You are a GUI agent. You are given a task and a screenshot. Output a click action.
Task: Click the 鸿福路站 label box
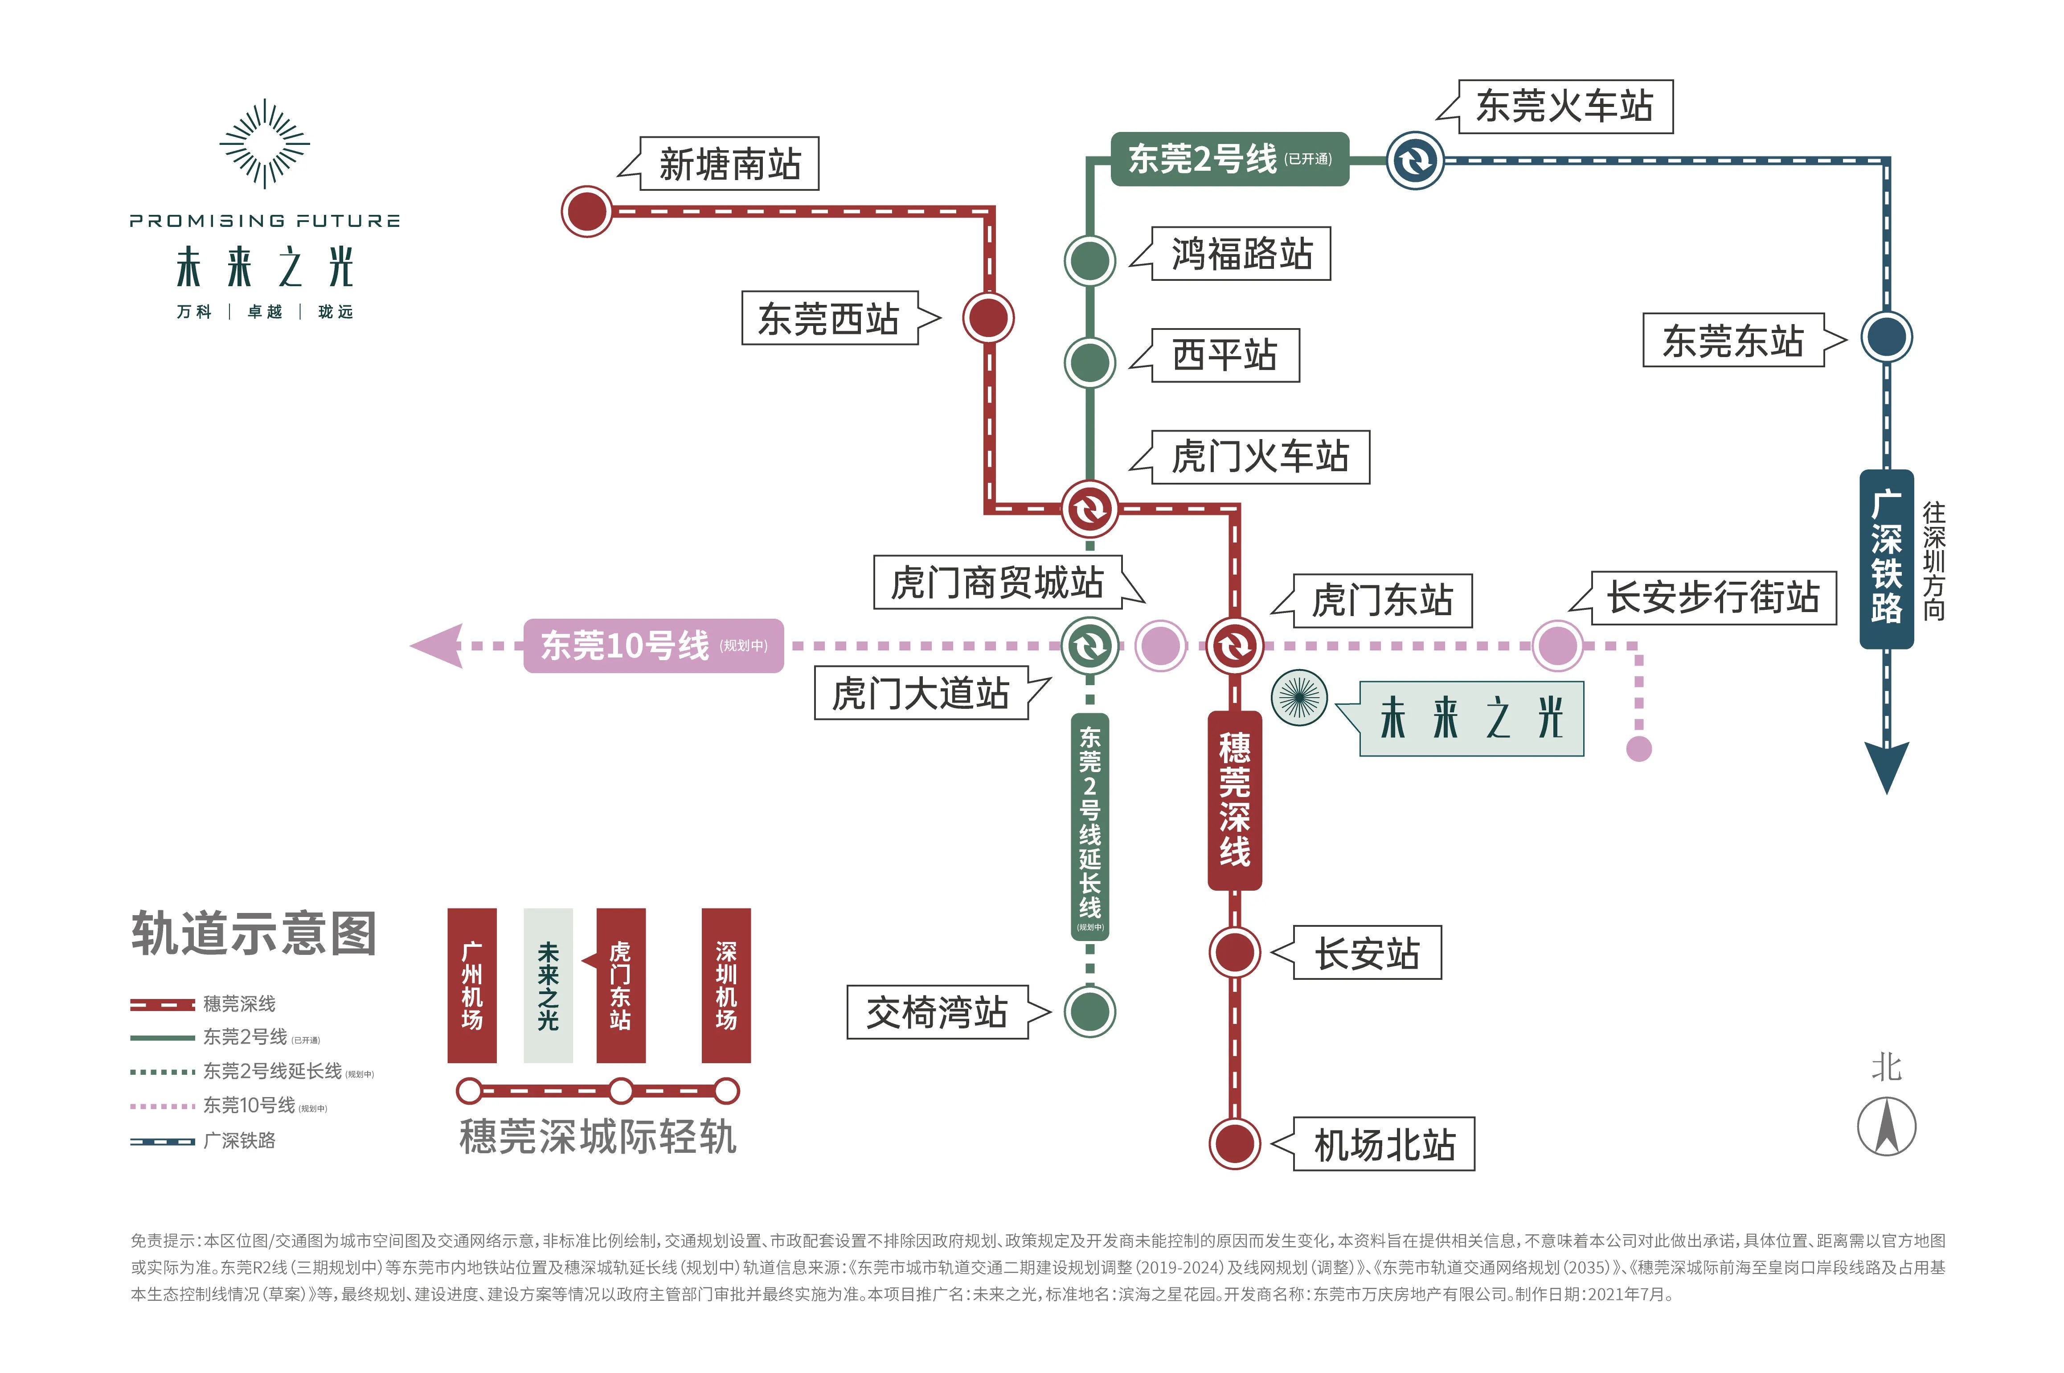[x=1241, y=254]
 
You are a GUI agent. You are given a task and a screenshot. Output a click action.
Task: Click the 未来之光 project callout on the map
[x=1470, y=718]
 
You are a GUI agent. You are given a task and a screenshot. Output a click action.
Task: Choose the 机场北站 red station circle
[x=1234, y=1143]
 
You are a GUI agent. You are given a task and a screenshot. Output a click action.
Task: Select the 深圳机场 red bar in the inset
[x=725, y=985]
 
